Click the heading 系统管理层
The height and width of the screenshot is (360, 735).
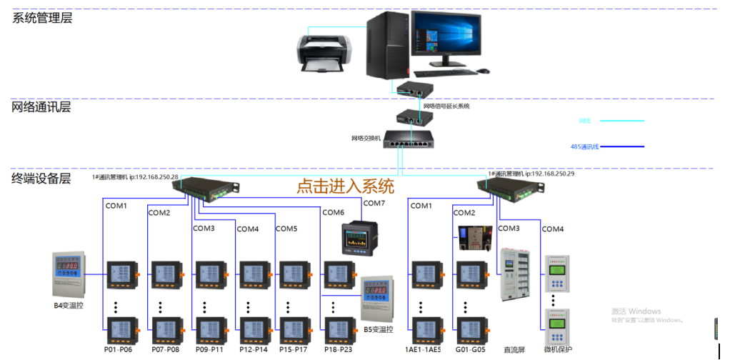pos(42,19)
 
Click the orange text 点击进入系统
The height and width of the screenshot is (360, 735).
pos(345,187)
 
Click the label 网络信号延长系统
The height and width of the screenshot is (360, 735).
pos(446,106)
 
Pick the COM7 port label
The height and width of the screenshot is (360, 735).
pos(374,204)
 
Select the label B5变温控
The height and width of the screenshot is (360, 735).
pos(379,330)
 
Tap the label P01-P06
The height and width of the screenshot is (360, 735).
pos(119,350)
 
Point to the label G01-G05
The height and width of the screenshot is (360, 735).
pos(471,350)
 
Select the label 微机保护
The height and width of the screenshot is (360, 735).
pos(558,350)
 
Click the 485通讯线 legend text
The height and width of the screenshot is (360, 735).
pos(584,147)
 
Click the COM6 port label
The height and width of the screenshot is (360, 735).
pos(333,212)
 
